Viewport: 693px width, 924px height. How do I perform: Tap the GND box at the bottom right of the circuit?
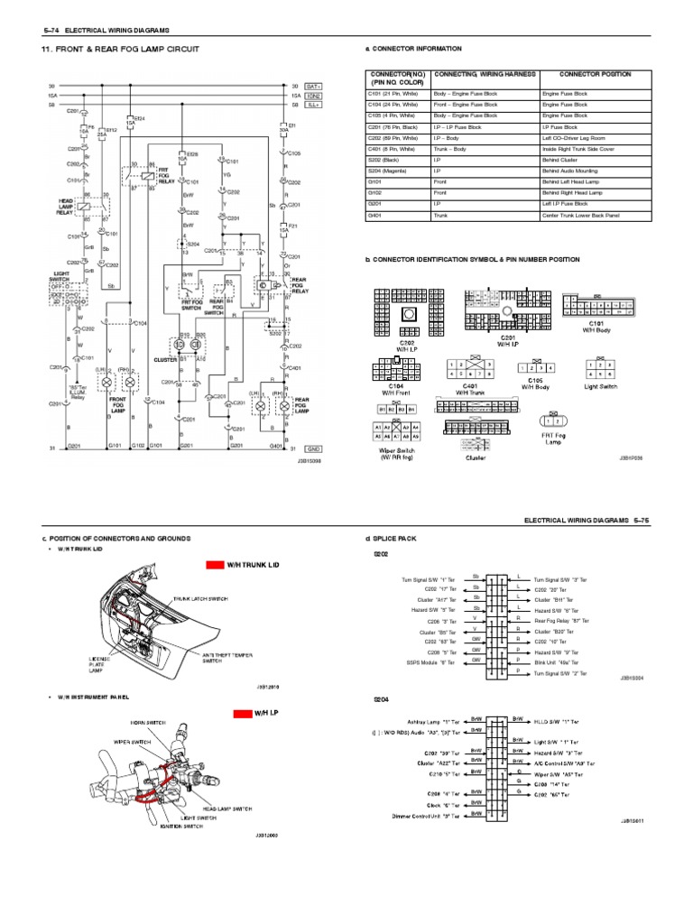pos(313,447)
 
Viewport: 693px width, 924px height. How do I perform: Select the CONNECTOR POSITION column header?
pos(595,74)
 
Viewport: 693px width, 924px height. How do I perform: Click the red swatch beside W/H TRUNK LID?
pos(214,564)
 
